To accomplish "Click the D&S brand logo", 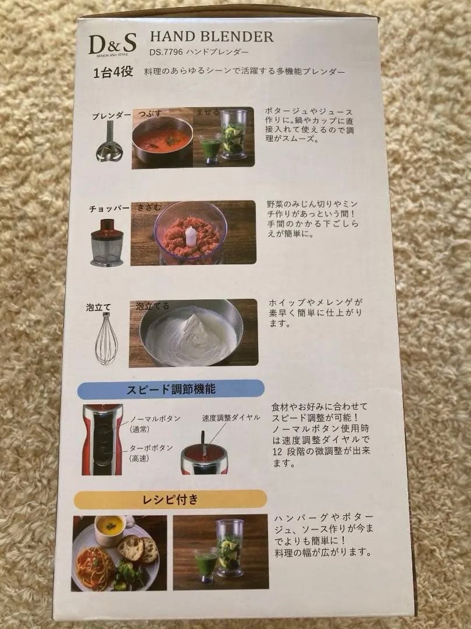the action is point(112,44).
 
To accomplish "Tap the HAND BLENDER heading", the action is point(212,37).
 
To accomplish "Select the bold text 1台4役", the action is point(113,72).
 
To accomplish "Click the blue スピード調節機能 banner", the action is point(172,389).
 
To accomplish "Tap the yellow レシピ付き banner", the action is point(170,500).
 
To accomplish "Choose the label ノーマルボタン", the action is point(155,418).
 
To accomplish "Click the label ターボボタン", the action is point(151,448).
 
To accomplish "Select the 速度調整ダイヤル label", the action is point(231,418).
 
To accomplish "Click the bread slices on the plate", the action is point(138,548).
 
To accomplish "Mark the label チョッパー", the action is point(109,209).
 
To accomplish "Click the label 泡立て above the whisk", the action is point(98,308).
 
